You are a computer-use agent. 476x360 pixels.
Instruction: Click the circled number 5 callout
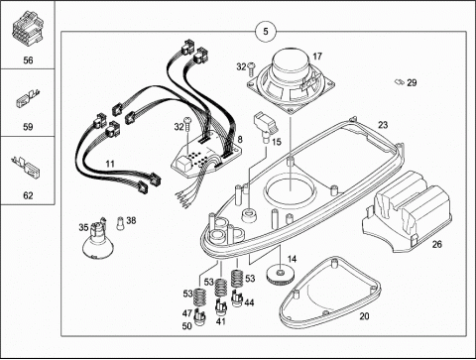click(x=266, y=32)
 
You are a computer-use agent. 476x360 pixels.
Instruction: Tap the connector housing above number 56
click(x=28, y=30)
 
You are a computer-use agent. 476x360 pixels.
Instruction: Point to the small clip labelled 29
click(x=400, y=81)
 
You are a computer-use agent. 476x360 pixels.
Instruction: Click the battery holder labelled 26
click(x=408, y=211)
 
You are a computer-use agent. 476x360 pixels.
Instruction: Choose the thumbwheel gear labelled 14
click(x=282, y=274)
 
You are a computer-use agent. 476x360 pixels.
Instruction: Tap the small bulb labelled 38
click(x=121, y=223)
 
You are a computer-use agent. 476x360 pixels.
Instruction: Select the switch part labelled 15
click(x=266, y=127)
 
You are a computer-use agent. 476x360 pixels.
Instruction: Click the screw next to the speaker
click(x=252, y=66)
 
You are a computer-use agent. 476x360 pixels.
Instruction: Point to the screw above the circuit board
click(x=188, y=124)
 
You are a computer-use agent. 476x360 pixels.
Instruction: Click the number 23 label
click(x=383, y=125)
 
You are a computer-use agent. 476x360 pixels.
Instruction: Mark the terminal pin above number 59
click(x=28, y=98)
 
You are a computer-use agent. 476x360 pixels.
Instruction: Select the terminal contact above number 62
click(x=27, y=167)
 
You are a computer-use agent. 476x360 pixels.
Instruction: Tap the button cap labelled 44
click(x=238, y=299)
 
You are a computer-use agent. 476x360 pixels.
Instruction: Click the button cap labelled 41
click(x=221, y=307)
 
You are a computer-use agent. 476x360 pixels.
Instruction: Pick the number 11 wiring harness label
click(x=110, y=164)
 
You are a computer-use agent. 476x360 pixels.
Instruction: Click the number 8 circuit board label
click(x=240, y=139)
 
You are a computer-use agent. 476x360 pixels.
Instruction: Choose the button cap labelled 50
click(x=200, y=317)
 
